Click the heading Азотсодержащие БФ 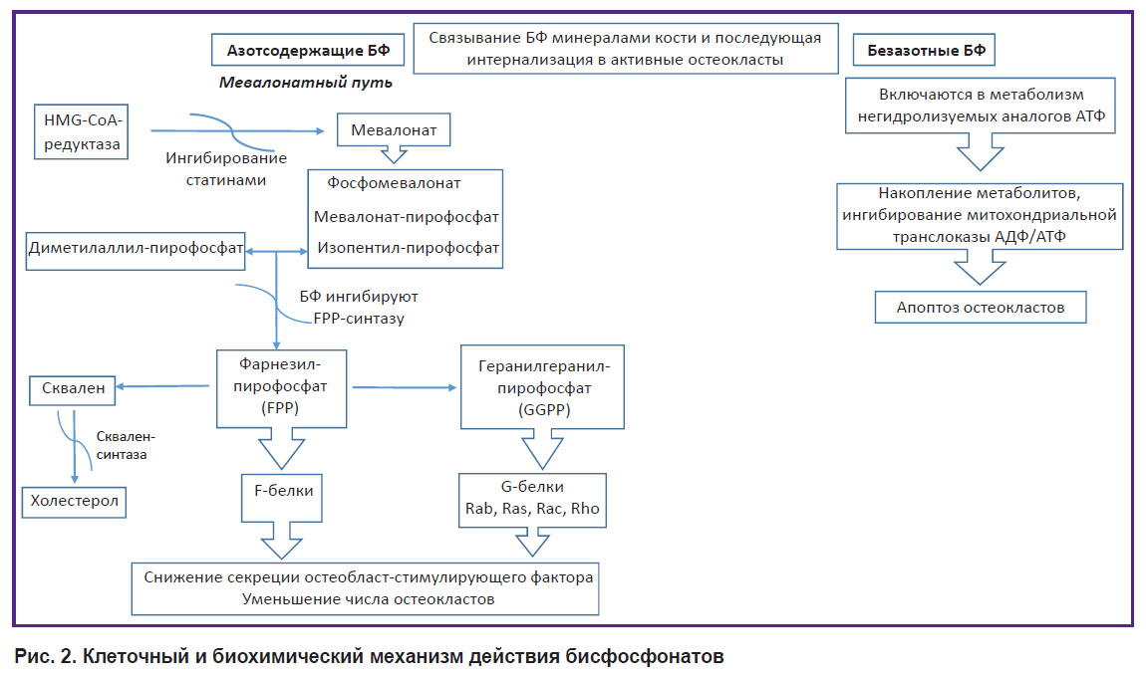pyautogui.click(x=308, y=51)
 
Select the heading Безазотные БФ pyautogui.click(x=925, y=51)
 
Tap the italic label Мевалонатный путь pyautogui.click(x=306, y=83)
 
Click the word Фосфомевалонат pyautogui.click(x=394, y=183)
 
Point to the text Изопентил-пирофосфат pyautogui.click(x=408, y=248)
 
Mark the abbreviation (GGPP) pyautogui.click(x=544, y=409)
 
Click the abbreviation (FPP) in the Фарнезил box pyautogui.click(x=280, y=408)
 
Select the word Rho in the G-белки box pyautogui.click(x=585, y=509)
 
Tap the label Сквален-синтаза pyautogui.click(x=126, y=445)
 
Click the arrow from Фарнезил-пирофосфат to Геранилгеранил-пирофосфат pyautogui.click(x=405, y=387)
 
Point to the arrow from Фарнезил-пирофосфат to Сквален pyautogui.click(x=163, y=386)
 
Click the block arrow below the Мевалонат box pyautogui.click(x=394, y=154)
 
